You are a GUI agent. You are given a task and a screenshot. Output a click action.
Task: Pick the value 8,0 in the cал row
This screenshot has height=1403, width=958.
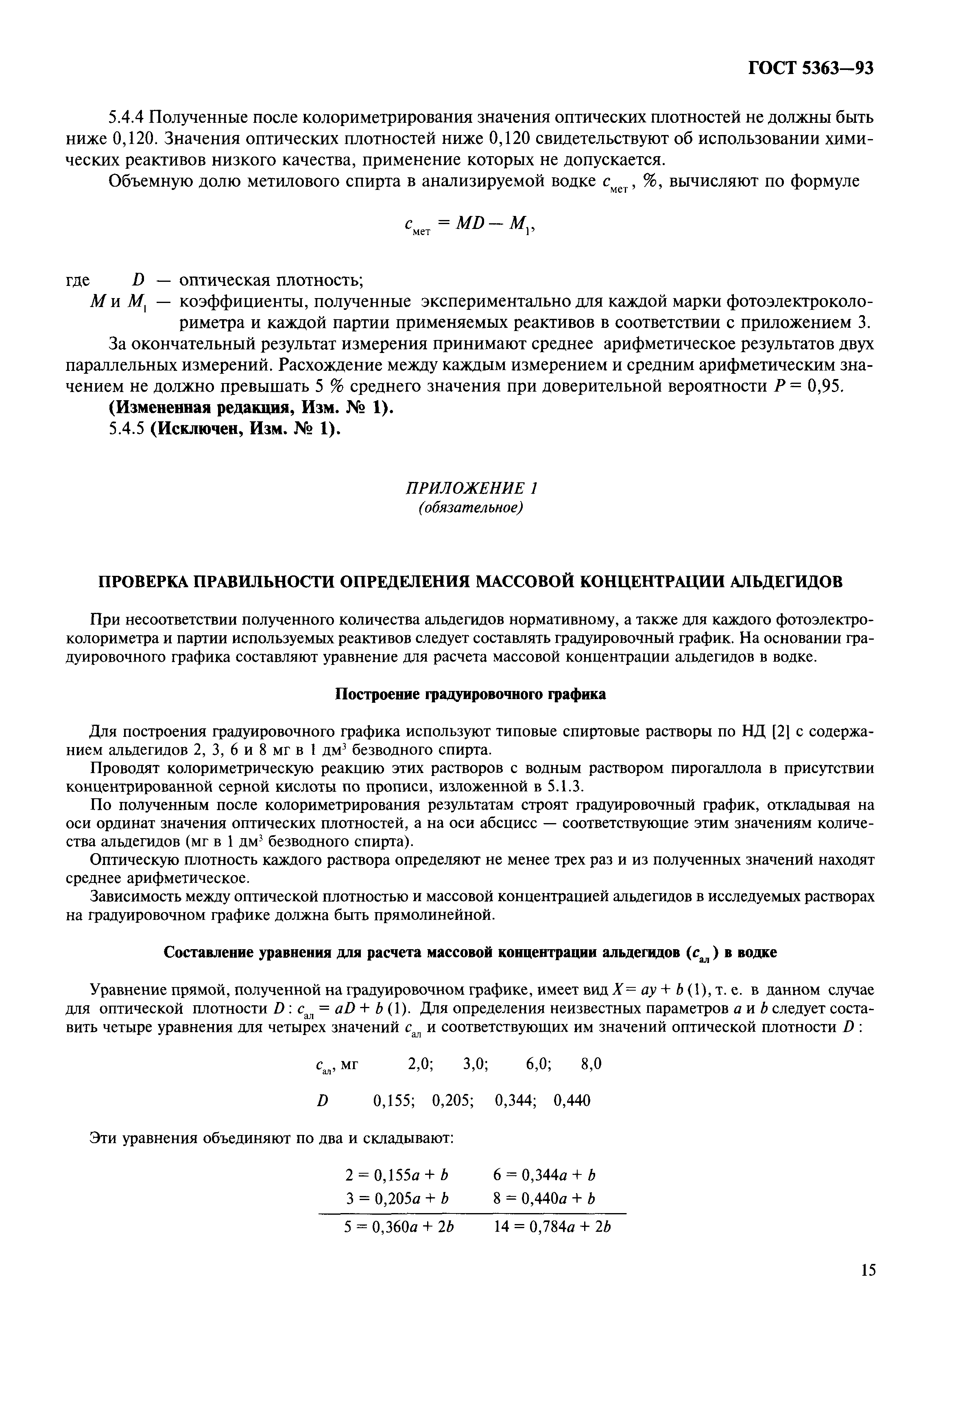pos(591,1064)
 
